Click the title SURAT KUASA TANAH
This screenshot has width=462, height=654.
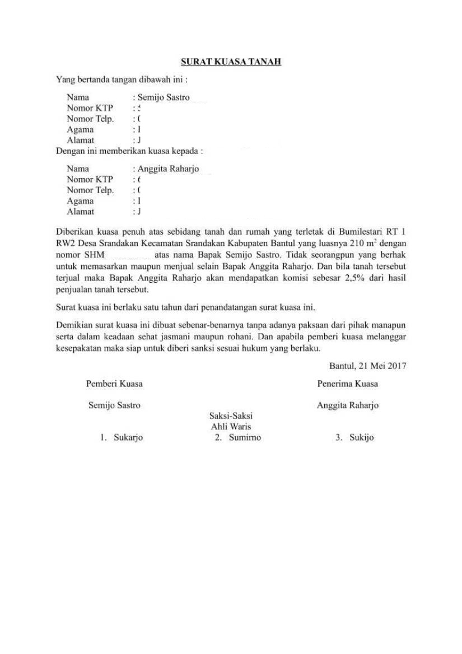(231, 62)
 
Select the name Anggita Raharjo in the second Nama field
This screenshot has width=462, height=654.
(168, 169)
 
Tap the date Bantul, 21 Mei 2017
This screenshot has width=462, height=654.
(367, 366)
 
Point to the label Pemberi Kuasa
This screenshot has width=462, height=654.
(114, 384)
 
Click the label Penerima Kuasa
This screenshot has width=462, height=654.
(347, 384)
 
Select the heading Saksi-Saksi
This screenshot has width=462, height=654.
(231, 416)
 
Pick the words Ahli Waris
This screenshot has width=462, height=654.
(231, 427)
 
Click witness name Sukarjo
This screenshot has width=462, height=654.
(128, 438)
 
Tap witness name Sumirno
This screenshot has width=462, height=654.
(245, 438)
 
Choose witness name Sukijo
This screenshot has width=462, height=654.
(361, 438)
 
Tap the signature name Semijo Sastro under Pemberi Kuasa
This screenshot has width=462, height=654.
(114, 405)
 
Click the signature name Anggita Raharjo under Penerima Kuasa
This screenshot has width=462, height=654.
(347, 405)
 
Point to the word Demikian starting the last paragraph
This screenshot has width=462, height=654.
(74, 325)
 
